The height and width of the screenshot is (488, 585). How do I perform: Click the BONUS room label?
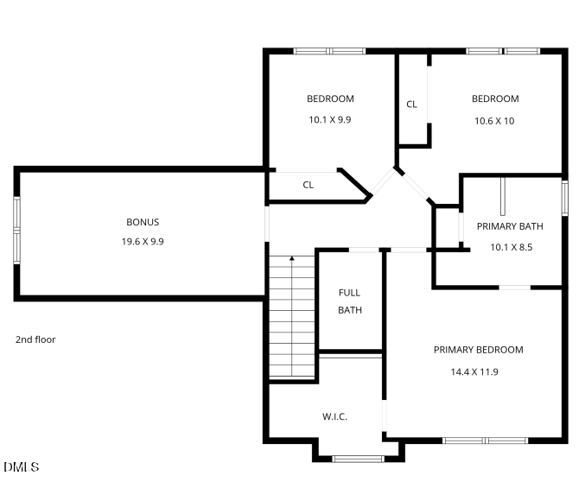click(143, 222)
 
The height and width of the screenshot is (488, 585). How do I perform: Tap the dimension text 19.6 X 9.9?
click(143, 242)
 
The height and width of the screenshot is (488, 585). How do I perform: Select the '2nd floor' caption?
click(35, 339)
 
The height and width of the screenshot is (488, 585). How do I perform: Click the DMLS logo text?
click(22, 467)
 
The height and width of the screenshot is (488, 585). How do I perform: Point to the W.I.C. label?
click(334, 416)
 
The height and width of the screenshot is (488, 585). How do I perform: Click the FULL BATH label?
click(349, 301)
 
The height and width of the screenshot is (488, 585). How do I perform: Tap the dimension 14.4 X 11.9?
click(474, 372)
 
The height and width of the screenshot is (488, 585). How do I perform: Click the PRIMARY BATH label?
click(510, 226)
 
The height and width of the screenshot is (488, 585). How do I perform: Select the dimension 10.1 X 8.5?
click(511, 246)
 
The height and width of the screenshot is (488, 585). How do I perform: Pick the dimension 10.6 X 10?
click(494, 121)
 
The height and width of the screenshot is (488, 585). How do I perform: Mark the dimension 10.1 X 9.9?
click(330, 120)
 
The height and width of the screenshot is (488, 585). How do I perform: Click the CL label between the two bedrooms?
click(411, 105)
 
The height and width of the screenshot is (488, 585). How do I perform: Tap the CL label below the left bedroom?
click(308, 185)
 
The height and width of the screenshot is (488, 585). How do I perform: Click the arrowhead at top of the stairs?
click(292, 258)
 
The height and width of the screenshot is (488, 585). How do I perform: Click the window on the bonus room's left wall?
click(16, 228)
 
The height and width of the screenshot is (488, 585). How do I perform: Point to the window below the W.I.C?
click(358, 458)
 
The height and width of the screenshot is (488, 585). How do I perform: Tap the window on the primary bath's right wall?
click(565, 196)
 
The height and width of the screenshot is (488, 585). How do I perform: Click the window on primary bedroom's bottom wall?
click(485, 440)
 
